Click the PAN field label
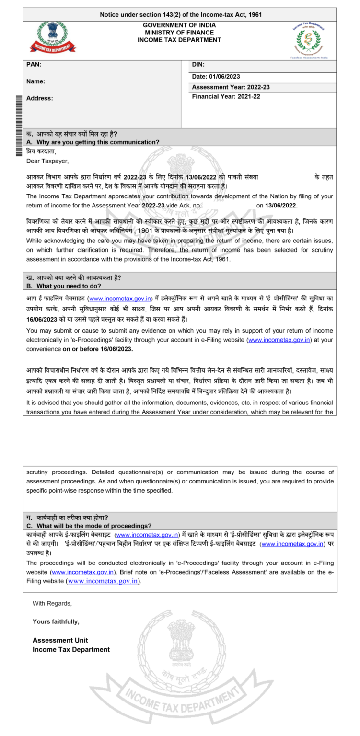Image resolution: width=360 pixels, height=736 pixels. (x=34, y=65)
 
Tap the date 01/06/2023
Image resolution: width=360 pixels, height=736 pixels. (x=216, y=76)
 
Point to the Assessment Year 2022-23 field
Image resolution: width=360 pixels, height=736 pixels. (x=231, y=87)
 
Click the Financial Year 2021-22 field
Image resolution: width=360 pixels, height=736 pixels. (x=226, y=96)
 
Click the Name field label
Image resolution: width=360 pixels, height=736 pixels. (x=36, y=81)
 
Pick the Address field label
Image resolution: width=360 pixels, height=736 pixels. (x=40, y=98)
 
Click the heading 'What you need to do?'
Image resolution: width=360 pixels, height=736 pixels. (x=68, y=286)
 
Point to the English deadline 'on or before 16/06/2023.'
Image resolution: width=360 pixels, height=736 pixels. (x=98, y=349)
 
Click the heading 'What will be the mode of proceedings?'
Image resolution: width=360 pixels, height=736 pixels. (x=93, y=526)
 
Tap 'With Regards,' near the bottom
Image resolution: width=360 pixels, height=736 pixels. (x=52, y=603)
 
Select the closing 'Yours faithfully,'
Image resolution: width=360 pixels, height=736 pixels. (x=56, y=621)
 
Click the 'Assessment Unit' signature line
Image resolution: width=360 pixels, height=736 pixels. (x=60, y=640)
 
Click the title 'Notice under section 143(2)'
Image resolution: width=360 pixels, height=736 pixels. (x=181, y=15)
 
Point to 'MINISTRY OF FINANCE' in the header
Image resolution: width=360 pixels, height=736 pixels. (x=179, y=33)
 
